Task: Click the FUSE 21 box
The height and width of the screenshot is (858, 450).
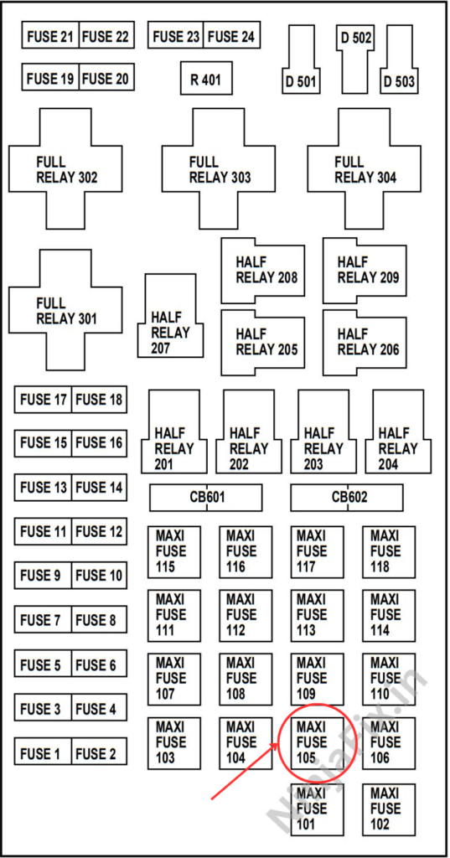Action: tap(50, 36)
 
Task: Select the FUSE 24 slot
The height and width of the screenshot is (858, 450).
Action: tap(231, 36)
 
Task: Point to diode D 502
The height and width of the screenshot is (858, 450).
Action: tap(357, 50)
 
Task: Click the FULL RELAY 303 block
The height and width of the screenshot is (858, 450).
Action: tap(220, 169)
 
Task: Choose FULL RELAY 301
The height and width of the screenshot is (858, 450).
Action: tap(66, 310)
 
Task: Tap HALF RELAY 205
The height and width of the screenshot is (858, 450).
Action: tap(265, 342)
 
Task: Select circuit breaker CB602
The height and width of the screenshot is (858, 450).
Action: tap(348, 498)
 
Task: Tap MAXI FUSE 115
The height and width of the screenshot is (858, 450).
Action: tap(173, 551)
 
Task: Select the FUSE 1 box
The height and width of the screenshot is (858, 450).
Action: tap(42, 753)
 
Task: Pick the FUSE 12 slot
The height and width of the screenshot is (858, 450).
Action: tap(99, 531)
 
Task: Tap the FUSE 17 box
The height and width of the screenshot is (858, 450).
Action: tap(42, 400)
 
